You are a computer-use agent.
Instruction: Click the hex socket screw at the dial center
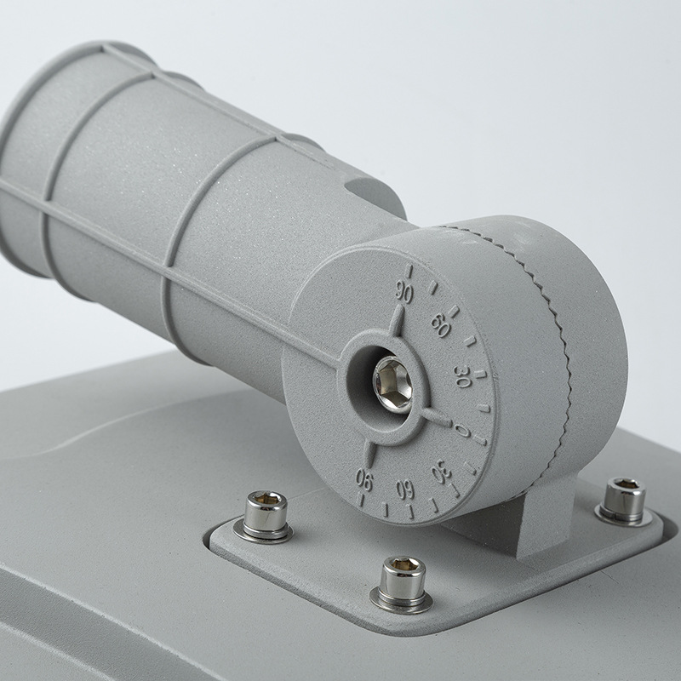tap(392, 385)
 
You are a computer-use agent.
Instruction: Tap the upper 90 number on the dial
tap(403, 292)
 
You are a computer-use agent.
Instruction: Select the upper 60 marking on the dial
tap(440, 325)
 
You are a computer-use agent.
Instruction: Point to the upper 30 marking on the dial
tap(462, 375)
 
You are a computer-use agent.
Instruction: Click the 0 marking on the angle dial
tap(462, 431)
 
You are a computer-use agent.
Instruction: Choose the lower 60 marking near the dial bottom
tap(405, 489)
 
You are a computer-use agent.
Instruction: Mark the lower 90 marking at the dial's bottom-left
tap(364, 479)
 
